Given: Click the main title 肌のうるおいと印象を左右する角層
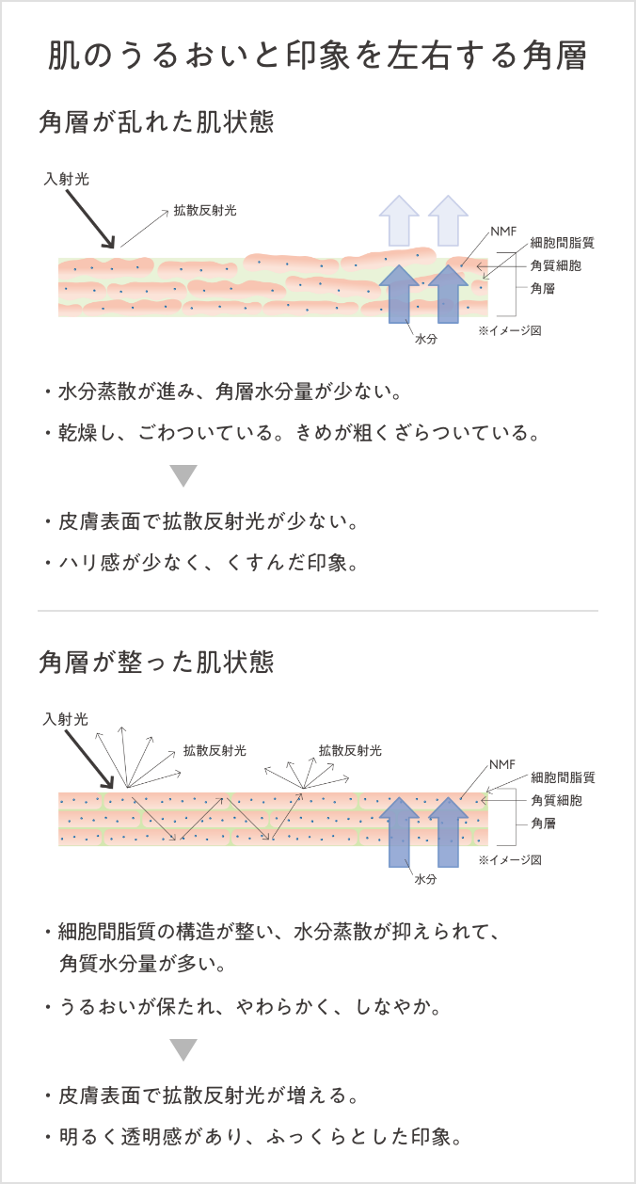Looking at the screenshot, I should coord(318,56).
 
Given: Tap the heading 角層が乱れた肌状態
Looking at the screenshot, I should coord(156,122).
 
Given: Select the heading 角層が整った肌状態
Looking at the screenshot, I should coord(156,662).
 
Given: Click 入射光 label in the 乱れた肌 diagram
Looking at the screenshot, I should coord(67,178).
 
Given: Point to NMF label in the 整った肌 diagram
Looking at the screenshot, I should coord(502,763).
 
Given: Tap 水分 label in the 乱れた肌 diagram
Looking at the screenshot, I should coord(425,339).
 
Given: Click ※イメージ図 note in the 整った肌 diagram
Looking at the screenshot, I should coord(509,859).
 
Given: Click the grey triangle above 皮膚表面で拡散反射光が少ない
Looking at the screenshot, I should coord(183,475).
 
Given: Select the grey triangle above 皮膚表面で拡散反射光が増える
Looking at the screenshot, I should coord(183,1049).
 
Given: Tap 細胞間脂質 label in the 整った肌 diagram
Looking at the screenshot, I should coord(563,777).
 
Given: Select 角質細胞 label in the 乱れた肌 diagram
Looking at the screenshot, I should coord(556,265).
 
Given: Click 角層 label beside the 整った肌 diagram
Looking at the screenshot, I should coord(543,824).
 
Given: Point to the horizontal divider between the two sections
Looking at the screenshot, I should coord(318,611).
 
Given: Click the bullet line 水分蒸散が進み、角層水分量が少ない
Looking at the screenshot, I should coord(230,390).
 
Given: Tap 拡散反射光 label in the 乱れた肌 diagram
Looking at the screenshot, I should coord(204,211).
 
